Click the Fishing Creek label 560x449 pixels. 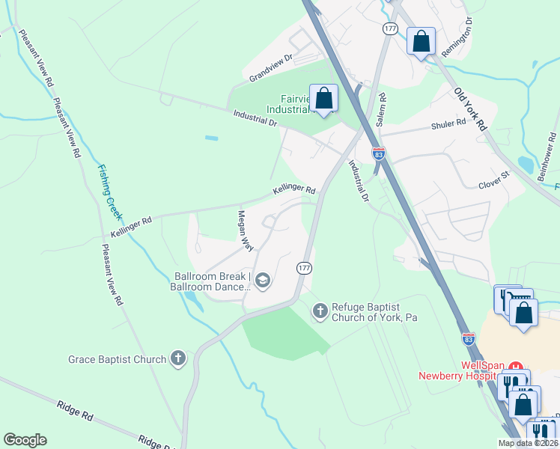coord(109,191)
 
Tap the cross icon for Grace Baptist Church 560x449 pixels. coord(178,359)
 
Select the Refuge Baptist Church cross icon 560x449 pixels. coord(320,310)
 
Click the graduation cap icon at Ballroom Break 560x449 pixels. coord(262,281)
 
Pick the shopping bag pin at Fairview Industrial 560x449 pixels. coord(323,99)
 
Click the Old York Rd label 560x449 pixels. coord(470,109)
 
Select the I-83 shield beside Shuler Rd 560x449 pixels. coord(380,153)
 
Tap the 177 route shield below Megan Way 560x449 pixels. coord(304,267)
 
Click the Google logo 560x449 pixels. coord(25,440)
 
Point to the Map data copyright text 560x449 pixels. coord(528,443)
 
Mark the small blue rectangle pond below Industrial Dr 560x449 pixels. coord(211,138)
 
